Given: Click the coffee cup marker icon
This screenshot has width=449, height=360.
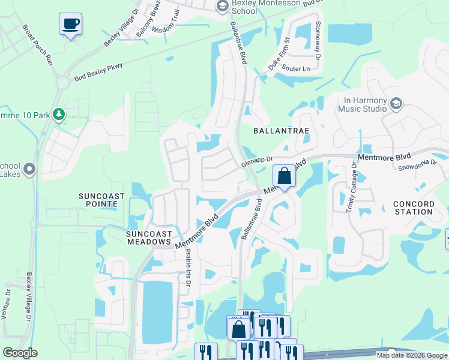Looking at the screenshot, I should [x=71, y=24].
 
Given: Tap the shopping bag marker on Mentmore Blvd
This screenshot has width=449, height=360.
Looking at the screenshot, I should [x=285, y=176].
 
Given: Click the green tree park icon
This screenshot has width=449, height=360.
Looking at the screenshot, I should [x=58, y=113].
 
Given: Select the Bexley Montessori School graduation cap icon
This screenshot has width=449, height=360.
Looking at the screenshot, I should [x=221, y=7].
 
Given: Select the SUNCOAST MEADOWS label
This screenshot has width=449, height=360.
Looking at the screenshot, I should [x=149, y=237].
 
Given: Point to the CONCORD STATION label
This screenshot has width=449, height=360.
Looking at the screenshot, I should [x=414, y=208].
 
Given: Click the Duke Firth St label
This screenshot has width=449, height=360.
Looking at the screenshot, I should [x=279, y=55].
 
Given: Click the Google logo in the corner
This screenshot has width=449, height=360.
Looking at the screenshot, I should [x=20, y=352].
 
